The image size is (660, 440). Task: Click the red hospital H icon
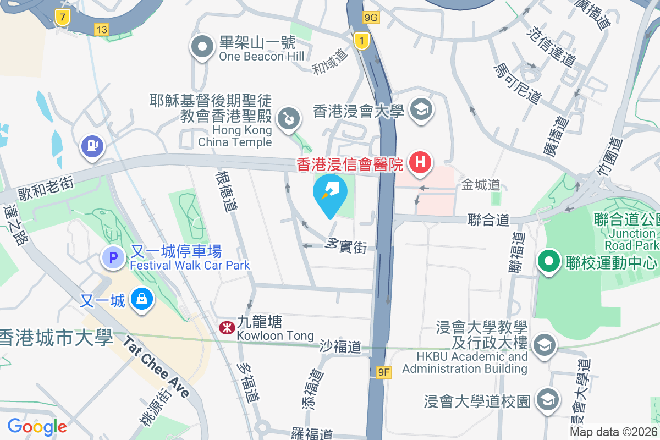[421, 163]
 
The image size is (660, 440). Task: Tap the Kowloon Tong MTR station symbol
[226, 328]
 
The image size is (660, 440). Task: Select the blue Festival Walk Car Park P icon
[113, 257]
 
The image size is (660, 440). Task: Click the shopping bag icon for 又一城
[142, 300]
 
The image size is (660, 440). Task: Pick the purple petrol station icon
[92, 146]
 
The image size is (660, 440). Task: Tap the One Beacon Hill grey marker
[202, 47]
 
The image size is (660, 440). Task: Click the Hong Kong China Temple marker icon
[288, 118]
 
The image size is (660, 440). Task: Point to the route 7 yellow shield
[63, 18]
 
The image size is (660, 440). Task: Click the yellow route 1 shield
[361, 41]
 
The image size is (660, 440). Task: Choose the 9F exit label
[384, 373]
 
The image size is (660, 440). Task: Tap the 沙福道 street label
[341, 346]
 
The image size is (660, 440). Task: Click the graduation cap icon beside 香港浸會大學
[422, 109]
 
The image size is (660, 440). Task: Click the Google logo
[37, 426]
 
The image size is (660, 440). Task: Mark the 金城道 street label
[480, 185]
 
